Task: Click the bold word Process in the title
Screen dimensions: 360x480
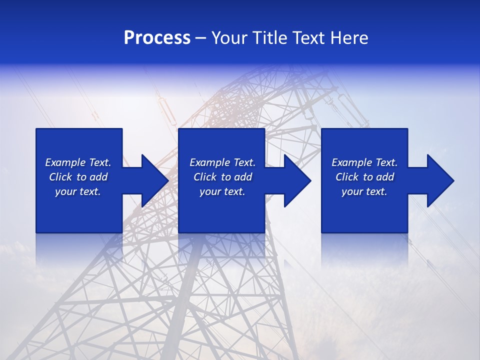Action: point(157,38)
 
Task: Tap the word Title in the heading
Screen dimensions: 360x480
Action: point(269,38)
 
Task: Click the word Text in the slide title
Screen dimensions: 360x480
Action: point(310,38)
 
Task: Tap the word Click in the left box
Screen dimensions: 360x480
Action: point(60,177)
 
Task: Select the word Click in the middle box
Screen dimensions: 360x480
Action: point(204,177)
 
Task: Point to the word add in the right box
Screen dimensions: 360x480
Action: point(384,177)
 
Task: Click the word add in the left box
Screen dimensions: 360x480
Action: point(98,177)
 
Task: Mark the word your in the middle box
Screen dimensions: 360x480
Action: point(210,191)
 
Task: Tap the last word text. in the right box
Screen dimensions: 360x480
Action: point(376,191)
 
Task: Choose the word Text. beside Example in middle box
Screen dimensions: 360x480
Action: point(244,162)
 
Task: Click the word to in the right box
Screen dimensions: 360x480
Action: point(368,177)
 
